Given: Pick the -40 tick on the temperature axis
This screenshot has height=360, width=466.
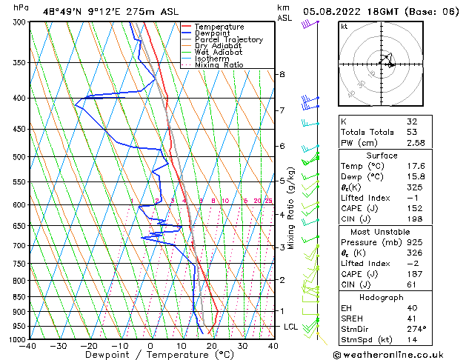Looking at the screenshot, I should pyautogui.click(x=28, y=346).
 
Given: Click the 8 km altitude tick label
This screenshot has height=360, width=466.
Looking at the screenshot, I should pyautogui.click(x=282, y=74).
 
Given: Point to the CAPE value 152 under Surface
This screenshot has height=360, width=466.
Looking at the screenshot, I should pyautogui.click(x=413, y=207).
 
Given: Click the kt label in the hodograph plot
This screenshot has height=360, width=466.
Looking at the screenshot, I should pyautogui.click(x=344, y=26).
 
